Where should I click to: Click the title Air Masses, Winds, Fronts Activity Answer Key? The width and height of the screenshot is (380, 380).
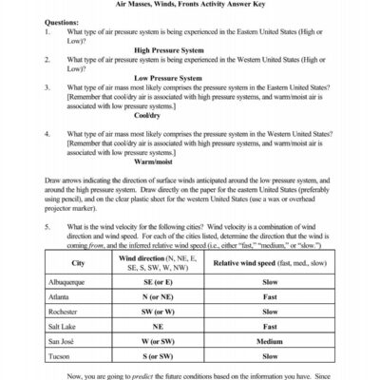[x=190, y=6]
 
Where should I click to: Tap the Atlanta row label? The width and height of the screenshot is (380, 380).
[x=61, y=296]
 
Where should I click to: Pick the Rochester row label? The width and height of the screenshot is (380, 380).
[x=65, y=311]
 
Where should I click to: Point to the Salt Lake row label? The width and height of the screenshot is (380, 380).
[x=64, y=326]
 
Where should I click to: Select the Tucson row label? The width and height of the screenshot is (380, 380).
[x=60, y=355]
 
